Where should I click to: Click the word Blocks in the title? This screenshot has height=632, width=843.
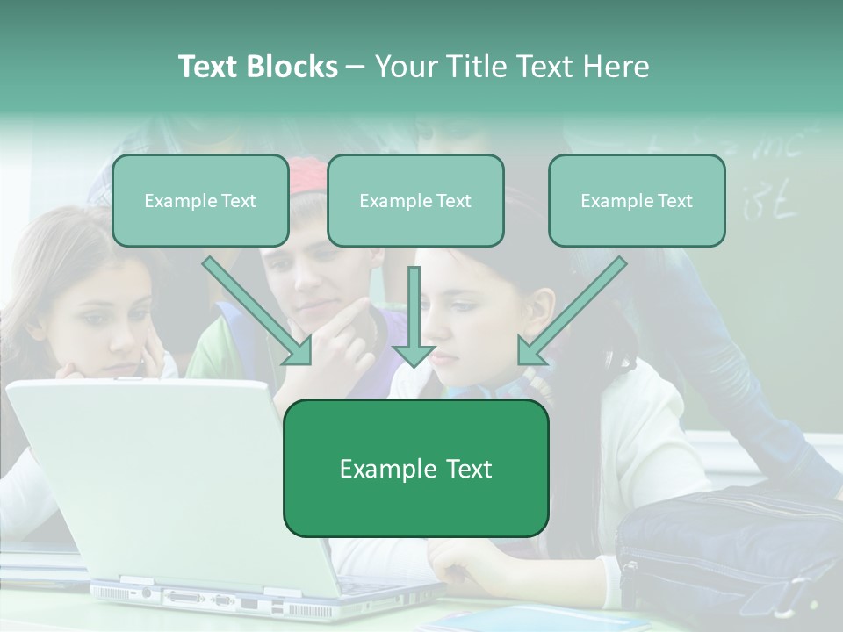coord(292,67)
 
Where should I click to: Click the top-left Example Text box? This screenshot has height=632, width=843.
coord(200,201)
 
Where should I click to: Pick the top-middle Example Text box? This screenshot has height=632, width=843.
coord(415,201)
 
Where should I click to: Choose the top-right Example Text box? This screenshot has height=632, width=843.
coord(637,201)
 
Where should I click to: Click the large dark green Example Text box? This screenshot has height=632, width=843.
coord(415,469)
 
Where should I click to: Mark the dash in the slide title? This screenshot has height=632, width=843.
coord(356,68)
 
